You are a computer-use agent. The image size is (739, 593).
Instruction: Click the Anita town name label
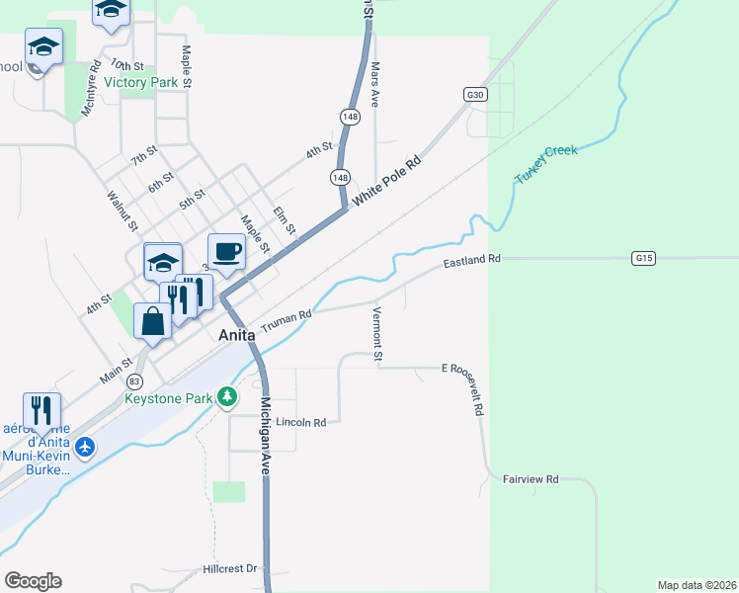236,335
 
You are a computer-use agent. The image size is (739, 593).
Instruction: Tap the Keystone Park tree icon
228,397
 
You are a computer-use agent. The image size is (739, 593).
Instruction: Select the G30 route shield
476,94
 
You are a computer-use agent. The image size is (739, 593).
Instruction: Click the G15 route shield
644,258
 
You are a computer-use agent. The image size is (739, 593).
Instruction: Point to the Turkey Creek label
545,165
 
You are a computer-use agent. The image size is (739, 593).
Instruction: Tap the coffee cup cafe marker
226,253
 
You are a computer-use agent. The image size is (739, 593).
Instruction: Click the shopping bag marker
152,322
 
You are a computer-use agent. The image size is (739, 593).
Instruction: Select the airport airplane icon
86,448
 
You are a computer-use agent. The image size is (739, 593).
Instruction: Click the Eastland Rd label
472,261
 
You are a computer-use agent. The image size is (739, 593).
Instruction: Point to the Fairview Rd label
531,479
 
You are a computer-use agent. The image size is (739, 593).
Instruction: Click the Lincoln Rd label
301,422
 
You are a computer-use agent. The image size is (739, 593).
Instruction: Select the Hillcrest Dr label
229,568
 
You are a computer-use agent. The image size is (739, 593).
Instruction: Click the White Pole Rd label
387,181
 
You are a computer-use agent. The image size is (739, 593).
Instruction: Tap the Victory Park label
140,83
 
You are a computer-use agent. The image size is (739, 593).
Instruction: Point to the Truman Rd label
287,320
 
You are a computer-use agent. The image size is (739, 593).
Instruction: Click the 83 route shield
134,381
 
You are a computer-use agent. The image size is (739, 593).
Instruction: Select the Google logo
33,581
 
